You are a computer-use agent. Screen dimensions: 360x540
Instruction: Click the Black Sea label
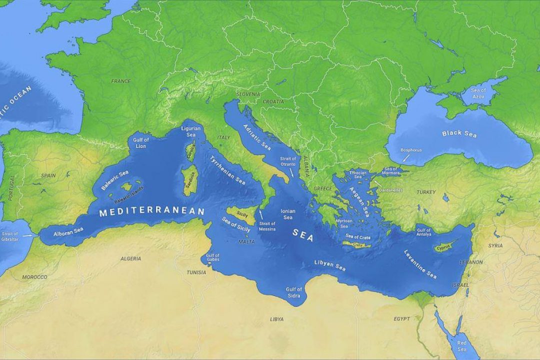point(459,133)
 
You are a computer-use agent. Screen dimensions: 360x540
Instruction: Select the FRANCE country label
point(120,81)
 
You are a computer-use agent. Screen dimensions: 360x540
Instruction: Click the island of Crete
point(357,244)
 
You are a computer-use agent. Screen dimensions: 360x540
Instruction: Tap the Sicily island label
point(242,213)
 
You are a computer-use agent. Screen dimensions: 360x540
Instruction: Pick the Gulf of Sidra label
point(293,292)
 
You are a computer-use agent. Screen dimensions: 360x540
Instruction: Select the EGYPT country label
point(401,318)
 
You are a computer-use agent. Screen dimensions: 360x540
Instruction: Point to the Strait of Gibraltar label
point(9,236)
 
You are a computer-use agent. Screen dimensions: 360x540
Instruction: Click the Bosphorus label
point(411,150)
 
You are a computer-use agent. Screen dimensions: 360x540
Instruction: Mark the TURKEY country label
point(426,192)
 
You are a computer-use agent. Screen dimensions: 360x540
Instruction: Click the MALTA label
point(246,241)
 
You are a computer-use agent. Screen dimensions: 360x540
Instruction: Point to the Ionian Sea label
point(288,214)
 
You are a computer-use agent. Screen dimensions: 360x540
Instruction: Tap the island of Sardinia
point(189,175)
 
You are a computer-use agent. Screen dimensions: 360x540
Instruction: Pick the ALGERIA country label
point(131,258)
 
